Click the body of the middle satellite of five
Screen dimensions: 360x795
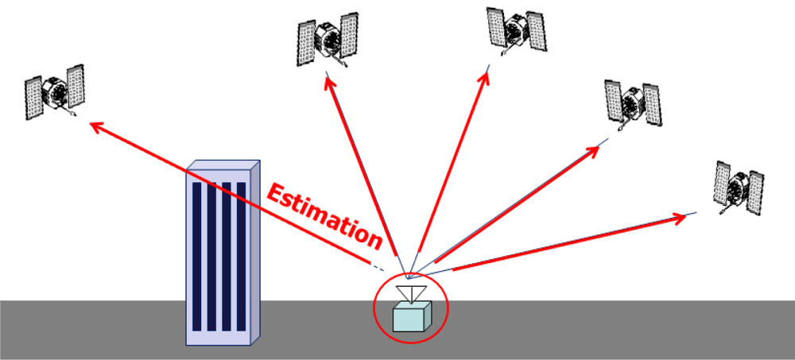point(516,29)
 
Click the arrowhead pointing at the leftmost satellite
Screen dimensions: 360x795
point(94,124)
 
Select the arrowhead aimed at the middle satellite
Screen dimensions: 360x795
point(484,77)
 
